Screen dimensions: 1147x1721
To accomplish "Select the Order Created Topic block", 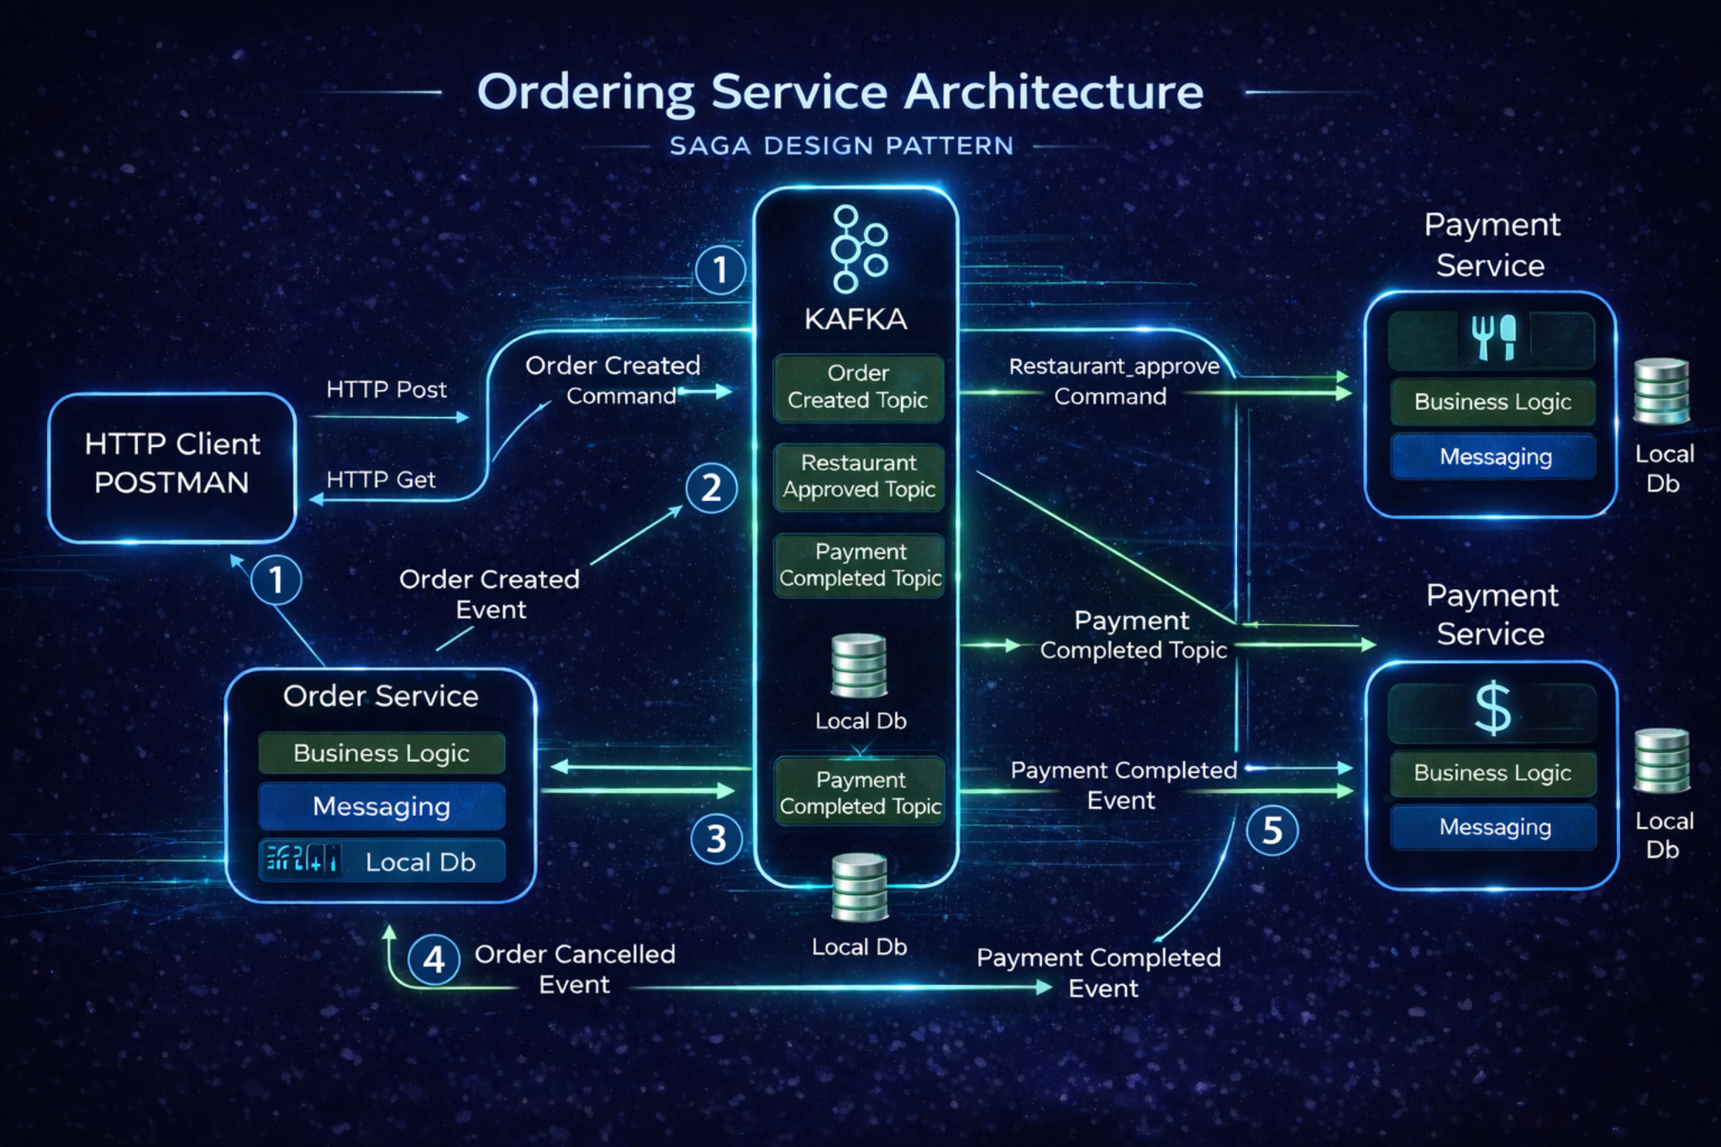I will pos(858,387).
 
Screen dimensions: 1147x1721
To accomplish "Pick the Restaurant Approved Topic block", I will pos(858,476).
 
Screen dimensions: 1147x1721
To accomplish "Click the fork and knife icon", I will pos(1493,337).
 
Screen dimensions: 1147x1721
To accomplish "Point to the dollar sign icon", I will pos(1492,709).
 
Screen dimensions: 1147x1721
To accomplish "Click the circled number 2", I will pos(711,488).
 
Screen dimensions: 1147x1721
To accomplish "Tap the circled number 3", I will pos(716,839).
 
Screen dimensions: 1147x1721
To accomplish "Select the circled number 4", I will pos(434,959).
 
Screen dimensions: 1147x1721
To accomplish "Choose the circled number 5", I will pos(1272,830).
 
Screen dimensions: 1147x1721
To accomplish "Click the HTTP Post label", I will pos(387,390).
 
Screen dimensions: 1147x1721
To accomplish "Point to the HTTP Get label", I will pos(381,480).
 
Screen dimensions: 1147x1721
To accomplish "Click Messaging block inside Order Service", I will pos(382,807).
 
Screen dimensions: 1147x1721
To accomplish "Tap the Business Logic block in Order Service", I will pos(382,753).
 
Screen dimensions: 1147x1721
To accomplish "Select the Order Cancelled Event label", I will pos(575,969).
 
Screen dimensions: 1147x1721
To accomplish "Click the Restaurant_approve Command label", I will pos(1113,381).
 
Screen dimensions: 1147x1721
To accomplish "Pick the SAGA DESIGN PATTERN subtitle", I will pos(841,146).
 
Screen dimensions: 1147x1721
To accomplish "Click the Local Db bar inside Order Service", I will pos(382,861).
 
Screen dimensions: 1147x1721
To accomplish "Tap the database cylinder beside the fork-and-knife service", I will pos(1661,391).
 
